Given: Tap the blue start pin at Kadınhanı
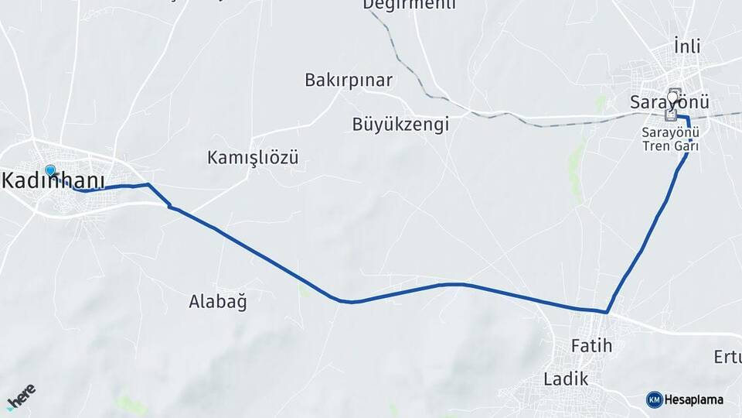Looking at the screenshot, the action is (50, 171).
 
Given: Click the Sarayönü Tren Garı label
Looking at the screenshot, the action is (670, 138).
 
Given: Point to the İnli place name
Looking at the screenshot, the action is (686, 46).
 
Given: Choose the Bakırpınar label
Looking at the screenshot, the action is (349, 80).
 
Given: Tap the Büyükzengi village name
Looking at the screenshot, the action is (400, 124).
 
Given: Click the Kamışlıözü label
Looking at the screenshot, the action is (253, 158).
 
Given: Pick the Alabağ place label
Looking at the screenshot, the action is (218, 301).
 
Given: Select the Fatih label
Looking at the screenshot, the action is (591, 345).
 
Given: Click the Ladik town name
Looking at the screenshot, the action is (566, 379).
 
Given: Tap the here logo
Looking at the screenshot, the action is (21, 397).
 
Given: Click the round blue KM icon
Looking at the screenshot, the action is (654, 399).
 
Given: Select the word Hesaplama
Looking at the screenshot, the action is (694, 400).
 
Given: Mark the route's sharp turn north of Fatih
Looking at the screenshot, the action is (608, 312).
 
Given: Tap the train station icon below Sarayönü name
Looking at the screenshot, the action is (670, 115).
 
